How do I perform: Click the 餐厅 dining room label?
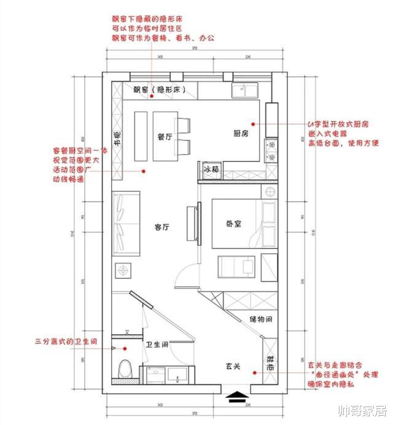[x=164, y=136]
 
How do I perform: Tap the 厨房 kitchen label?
[x=241, y=133]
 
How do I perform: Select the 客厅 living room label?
[x=162, y=227]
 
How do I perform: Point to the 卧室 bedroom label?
[x=233, y=224]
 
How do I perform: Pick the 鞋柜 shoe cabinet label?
[x=270, y=367]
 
